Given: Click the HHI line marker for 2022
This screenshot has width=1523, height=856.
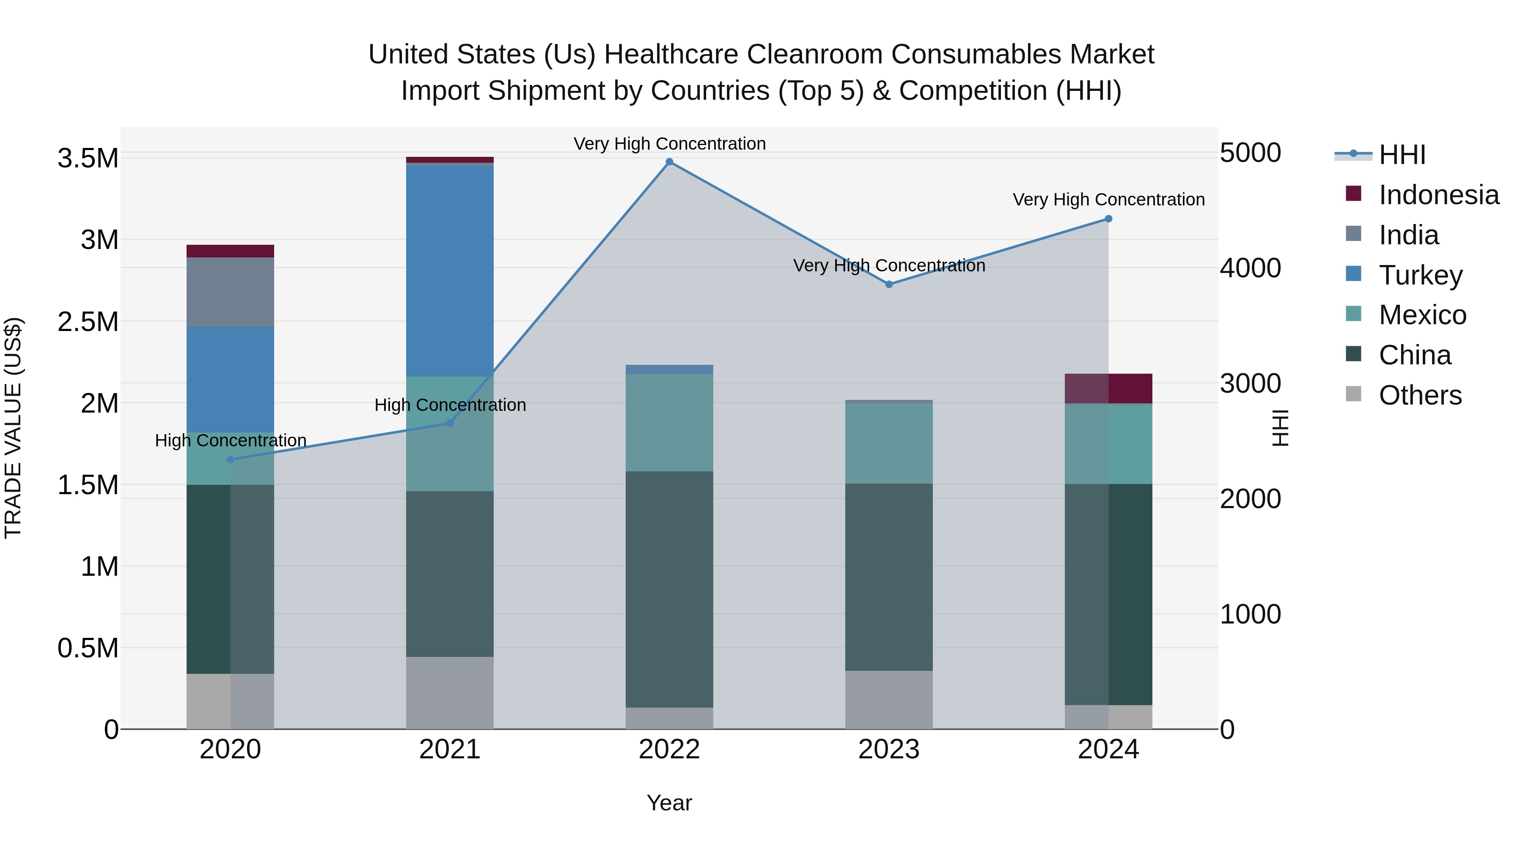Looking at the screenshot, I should point(669,162).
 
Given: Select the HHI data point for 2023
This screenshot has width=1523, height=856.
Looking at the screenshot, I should point(888,284).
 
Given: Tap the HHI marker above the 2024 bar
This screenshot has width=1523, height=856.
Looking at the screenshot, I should point(1108,219).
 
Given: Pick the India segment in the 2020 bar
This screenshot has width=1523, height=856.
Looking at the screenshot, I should point(230,292).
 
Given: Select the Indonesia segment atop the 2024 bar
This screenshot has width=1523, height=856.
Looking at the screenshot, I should point(1108,388).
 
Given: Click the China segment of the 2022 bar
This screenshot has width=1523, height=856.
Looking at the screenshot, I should point(669,588).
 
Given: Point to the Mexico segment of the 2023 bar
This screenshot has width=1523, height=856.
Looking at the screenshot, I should point(888,443).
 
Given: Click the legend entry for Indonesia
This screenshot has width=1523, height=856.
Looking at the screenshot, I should point(1438,195).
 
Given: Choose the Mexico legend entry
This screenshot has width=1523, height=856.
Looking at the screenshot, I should point(1422,315).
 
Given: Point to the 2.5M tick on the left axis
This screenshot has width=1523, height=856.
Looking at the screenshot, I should point(88,322).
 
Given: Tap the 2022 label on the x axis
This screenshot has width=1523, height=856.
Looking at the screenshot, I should point(669,749).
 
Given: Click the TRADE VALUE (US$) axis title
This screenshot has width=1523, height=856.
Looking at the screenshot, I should point(13,428).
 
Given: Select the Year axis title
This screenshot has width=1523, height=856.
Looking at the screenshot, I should point(669,803).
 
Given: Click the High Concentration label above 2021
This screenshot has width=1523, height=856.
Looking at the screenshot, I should point(450,405).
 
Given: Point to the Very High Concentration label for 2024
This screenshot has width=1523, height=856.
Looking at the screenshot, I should point(1108,200).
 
